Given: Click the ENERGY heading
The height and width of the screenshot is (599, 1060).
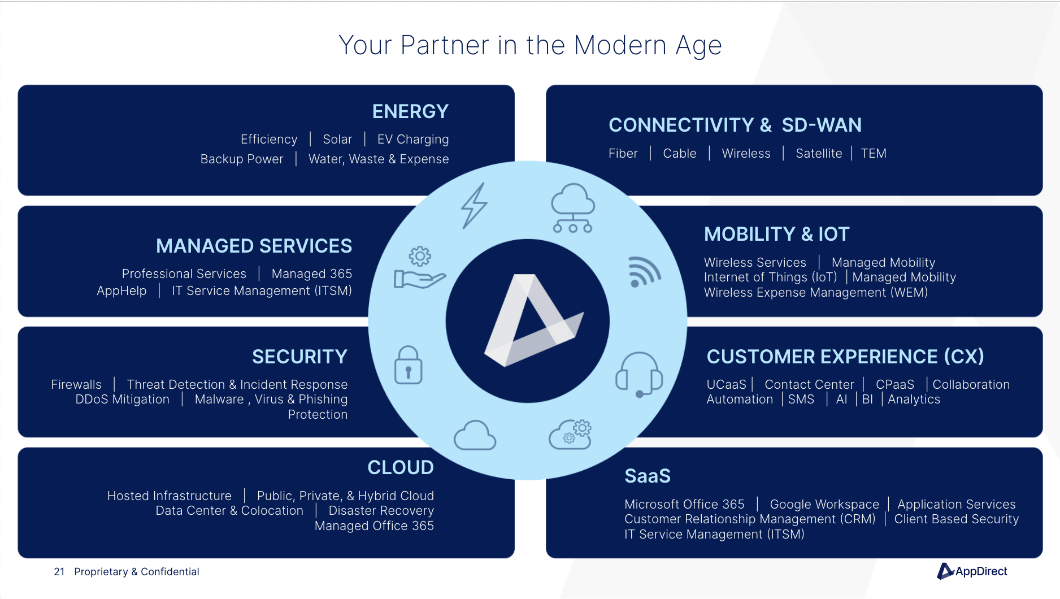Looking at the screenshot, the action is [x=410, y=111].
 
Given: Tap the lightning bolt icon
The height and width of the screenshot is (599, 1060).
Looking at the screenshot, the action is [x=474, y=206].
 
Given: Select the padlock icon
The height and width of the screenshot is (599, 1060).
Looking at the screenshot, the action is [x=408, y=365].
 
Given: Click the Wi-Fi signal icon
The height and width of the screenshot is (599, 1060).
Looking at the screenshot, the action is [x=644, y=272].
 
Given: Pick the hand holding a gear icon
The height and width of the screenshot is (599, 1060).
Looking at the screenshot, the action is [x=420, y=268].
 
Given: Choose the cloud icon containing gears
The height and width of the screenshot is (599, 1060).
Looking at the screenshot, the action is [x=570, y=435].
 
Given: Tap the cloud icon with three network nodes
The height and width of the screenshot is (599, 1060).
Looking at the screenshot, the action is [x=573, y=208].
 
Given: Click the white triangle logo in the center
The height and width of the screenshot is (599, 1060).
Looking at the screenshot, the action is [x=534, y=320].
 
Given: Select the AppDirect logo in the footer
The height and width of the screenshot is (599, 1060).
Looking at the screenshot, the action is [x=972, y=571].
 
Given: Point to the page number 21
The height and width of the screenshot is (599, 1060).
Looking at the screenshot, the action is [x=59, y=572].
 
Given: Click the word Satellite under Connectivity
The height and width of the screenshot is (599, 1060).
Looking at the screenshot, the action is [x=819, y=154].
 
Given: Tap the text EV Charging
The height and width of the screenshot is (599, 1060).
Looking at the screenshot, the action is [x=413, y=140].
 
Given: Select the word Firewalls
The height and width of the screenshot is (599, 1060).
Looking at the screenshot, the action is [x=76, y=384].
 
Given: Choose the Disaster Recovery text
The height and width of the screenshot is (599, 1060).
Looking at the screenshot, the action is [x=381, y=510].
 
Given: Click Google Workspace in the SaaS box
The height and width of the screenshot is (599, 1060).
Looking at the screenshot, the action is [x=824, y=504].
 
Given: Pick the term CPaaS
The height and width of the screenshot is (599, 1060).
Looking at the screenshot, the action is [x=895, y=384].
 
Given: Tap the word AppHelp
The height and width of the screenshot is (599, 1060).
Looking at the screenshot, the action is [x=121, y=291].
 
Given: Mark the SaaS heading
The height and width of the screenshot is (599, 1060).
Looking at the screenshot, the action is [x=648, y=476].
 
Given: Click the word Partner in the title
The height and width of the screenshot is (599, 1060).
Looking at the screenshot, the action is [x=445, y=45].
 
